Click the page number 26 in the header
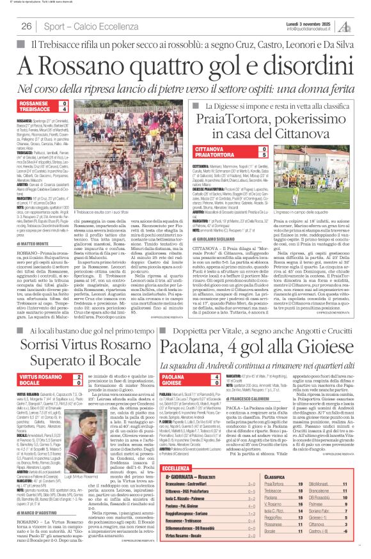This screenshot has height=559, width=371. pos(27,26)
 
